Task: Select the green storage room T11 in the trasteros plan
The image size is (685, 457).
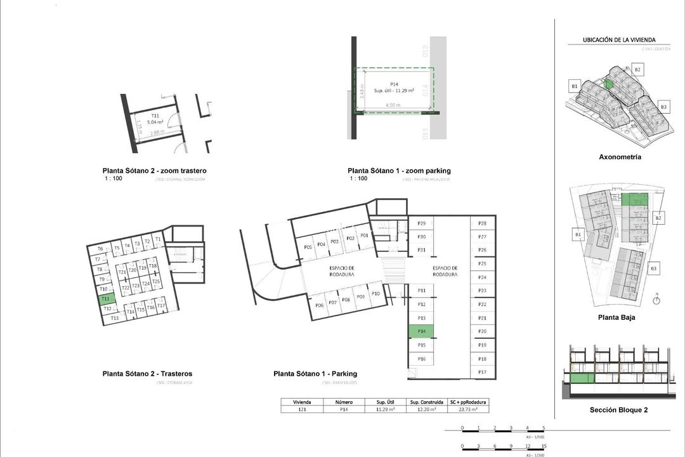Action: tap(106, 298)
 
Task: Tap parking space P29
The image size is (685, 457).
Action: tap(421, 223)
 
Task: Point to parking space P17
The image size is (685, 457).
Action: tap(482, 372)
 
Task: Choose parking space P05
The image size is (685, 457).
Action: tap(308, 247)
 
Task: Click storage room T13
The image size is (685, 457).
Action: tap(114, 318)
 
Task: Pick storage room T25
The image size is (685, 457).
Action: tap(156, 281)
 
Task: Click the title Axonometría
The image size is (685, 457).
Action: tap(620, 157)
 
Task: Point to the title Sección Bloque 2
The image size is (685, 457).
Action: tap(618, 410)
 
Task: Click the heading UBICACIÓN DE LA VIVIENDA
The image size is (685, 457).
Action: tap(619, 40)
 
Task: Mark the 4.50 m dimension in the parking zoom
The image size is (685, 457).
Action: tap(394, 105)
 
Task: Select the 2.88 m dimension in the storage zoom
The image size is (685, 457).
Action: tap(157, 133)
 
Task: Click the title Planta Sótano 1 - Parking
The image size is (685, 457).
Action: tap(315, 374)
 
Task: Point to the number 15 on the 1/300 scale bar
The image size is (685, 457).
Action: tap(544, 446)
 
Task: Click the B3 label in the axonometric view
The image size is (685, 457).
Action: tap(663, 107)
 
